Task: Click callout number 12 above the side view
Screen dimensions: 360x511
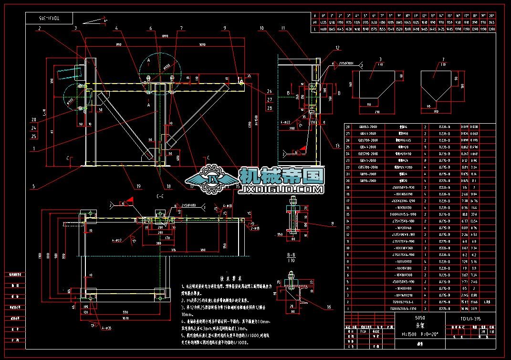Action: tap(337, 48)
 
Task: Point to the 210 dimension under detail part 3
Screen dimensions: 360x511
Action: tap(377, 112)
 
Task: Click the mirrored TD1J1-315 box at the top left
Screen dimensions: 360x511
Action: tap(49, 18)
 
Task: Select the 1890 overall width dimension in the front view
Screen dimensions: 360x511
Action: tap(166, 36)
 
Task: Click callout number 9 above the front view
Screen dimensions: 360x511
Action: tap(224, 29)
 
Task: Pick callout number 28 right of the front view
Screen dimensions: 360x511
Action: tap(270, 108)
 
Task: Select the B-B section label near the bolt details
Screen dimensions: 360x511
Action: tap(291, 255)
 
